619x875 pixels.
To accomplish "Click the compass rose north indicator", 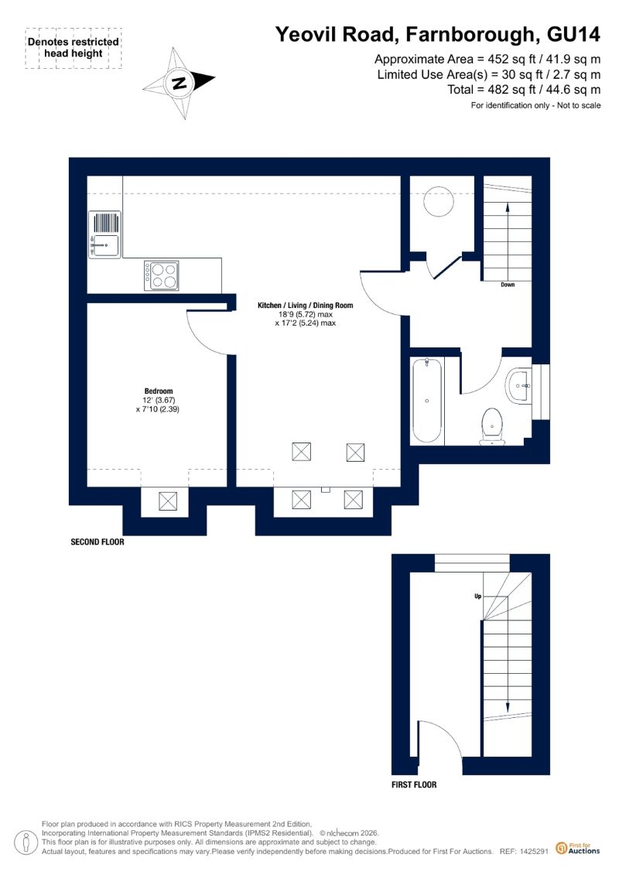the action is tap(179, 83).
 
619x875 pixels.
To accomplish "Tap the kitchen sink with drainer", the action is tap(105, 234).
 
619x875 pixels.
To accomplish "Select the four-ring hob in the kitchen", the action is tap(162, 275).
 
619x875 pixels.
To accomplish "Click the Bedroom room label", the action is tap(159, 391).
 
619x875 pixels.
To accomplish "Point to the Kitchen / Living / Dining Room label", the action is tap(306, 306).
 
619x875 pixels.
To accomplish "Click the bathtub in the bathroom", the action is tap(427, 401).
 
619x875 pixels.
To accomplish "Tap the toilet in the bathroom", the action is tap(492, 427).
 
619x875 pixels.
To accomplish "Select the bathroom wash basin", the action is tap(520, 385).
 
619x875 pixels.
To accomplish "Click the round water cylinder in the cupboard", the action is tap(439, 201).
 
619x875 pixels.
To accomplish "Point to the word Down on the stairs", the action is tap(508, 285).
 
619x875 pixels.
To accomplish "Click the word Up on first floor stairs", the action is tap(477, 596).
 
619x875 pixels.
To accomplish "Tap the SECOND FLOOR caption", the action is tap(97, 542).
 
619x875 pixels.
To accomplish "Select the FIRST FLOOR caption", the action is tap(414, 784).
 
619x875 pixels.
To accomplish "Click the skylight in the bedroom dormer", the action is tap(168, 501).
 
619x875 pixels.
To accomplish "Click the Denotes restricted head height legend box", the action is tap(73, 48).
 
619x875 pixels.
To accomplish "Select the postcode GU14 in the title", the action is tap(573, 35).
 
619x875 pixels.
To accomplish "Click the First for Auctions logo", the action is tap(578, 849).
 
